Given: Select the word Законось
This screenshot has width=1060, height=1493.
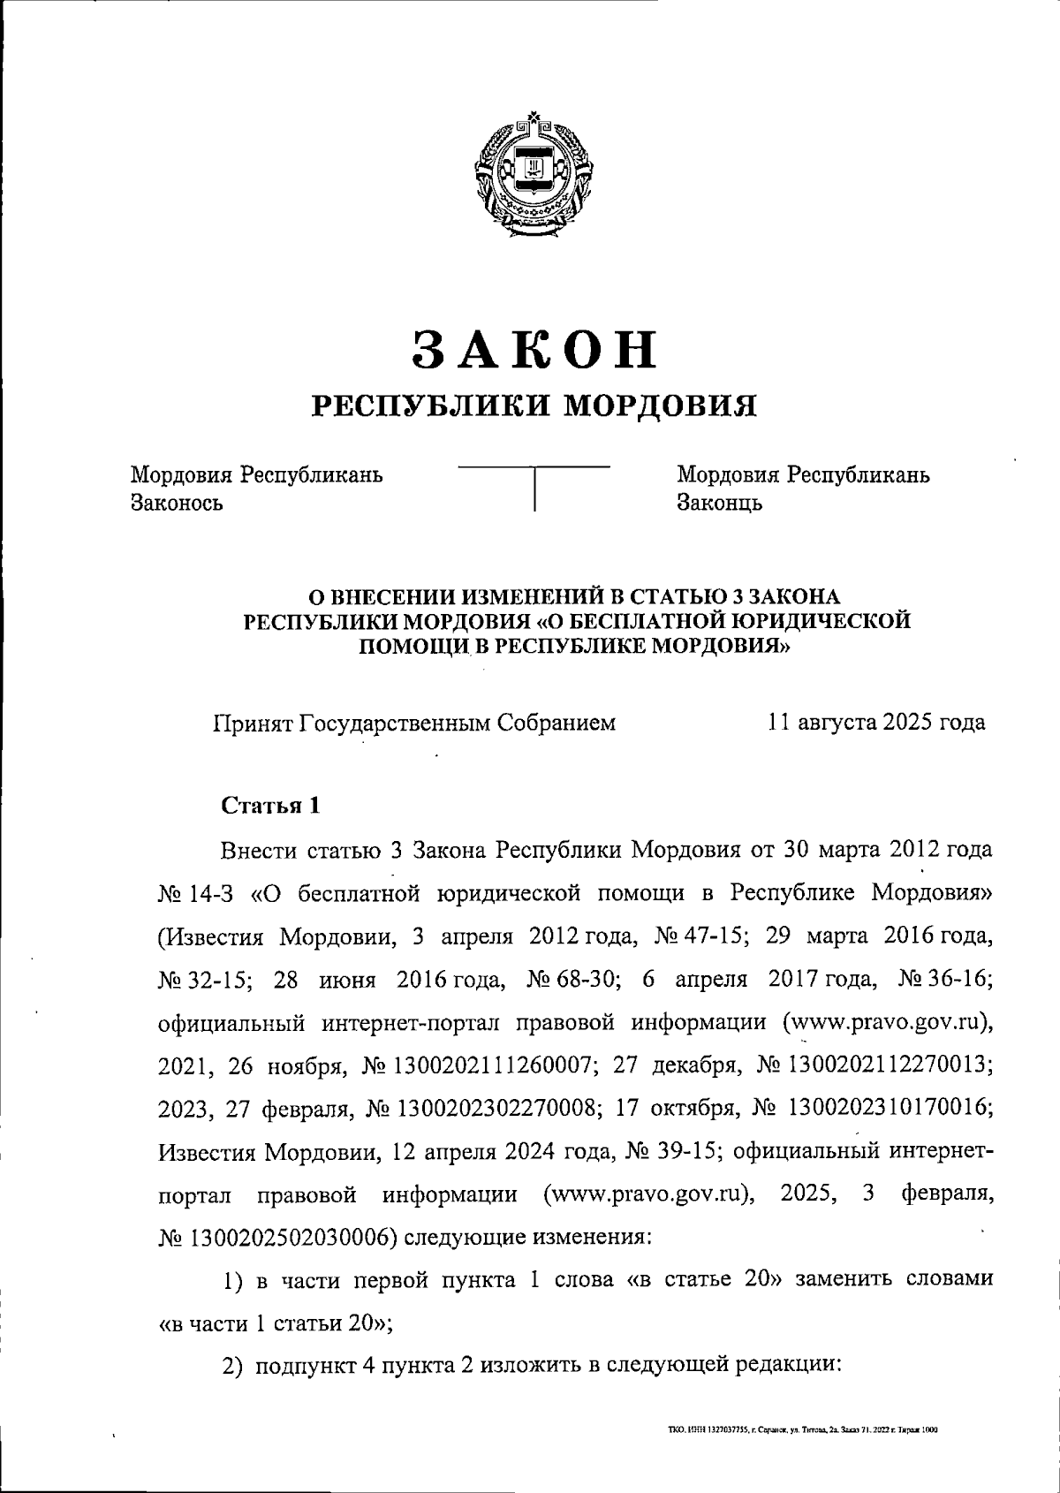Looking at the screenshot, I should tap(177, 504).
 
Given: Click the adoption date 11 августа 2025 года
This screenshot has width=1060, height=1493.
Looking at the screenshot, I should tap(876, 723).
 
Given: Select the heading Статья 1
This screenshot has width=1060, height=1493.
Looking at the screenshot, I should tap(269, 806).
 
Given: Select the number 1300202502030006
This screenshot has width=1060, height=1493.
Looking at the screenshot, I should tap(286, 1239).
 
